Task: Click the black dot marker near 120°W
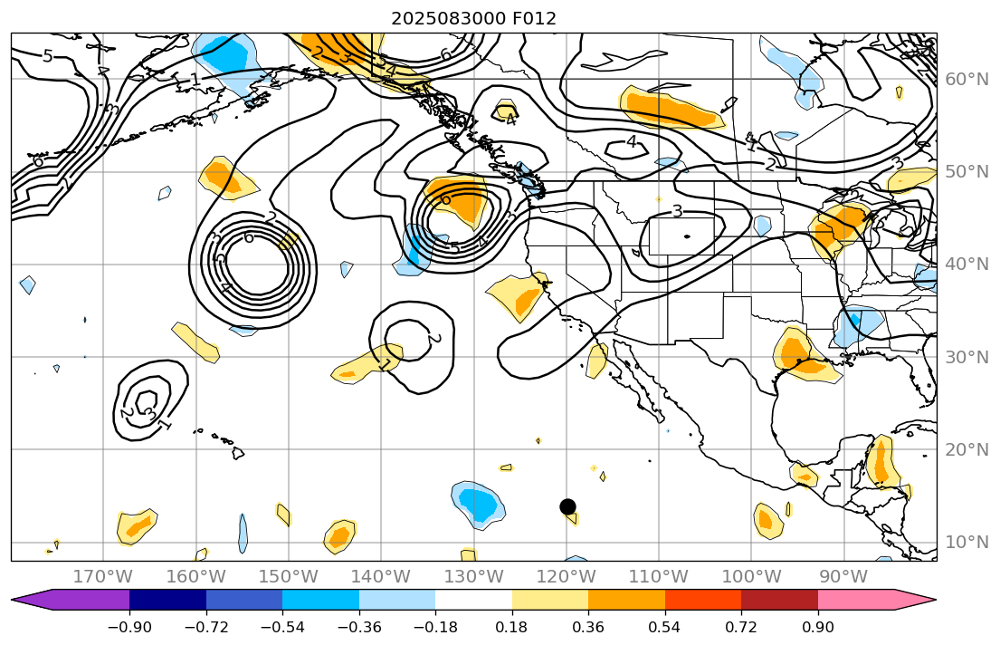click(567, 506)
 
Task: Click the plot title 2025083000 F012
click(473, 18)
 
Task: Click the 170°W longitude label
click(103, 576)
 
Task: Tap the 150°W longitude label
click(289, 576)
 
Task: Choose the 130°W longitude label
click(473, 576)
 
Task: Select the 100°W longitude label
click(751, 576)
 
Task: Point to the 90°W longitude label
click(843, 576)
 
